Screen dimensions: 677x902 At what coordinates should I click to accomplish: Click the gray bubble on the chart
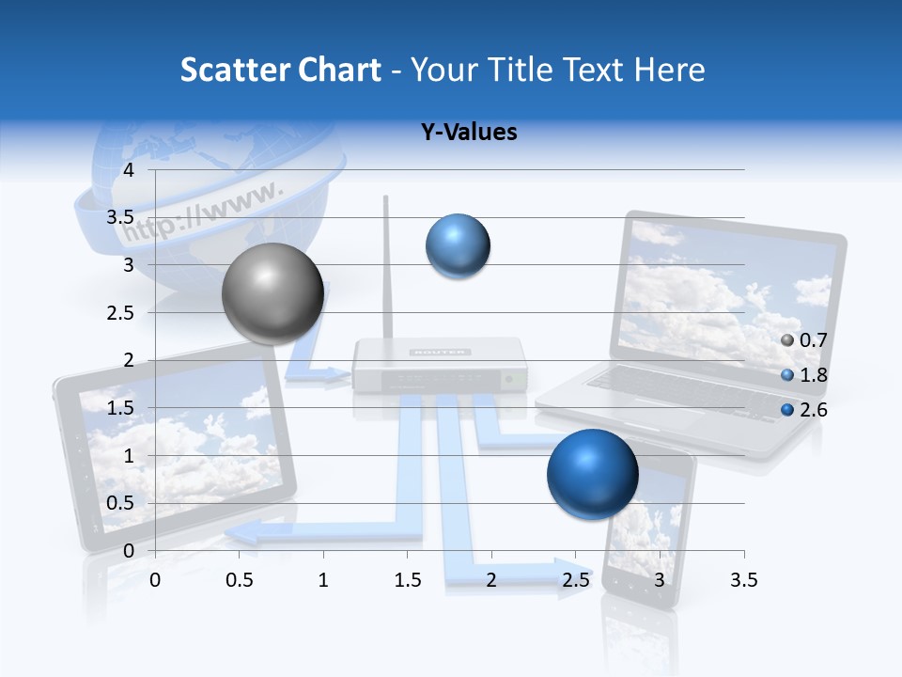pos(272,293)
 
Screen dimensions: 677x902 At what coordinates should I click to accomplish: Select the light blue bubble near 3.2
pos(458,246)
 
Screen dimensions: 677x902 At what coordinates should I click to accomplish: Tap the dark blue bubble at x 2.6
pos(592,474)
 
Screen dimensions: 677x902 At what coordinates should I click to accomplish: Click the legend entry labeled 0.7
pos(804,340)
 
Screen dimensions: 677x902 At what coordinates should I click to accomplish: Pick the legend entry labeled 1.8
pos(804,375)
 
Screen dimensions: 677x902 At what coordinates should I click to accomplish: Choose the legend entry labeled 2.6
pos(804,409)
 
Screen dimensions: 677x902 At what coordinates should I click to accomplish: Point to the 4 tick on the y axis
pos(129,170)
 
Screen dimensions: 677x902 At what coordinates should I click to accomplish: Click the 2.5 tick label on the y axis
pos(120,312)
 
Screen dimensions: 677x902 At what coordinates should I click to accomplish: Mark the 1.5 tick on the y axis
pos(120,408)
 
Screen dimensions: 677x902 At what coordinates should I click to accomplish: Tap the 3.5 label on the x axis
pos(743,581)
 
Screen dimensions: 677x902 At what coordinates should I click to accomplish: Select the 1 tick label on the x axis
pos(323,581)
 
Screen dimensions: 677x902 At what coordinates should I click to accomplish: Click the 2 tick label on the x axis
pos(491,581)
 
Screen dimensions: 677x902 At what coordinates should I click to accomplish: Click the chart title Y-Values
pos(469,133)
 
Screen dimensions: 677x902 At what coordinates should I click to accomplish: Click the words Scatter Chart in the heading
pos(280,70)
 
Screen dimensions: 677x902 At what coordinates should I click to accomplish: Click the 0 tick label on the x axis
pos(155,581)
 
